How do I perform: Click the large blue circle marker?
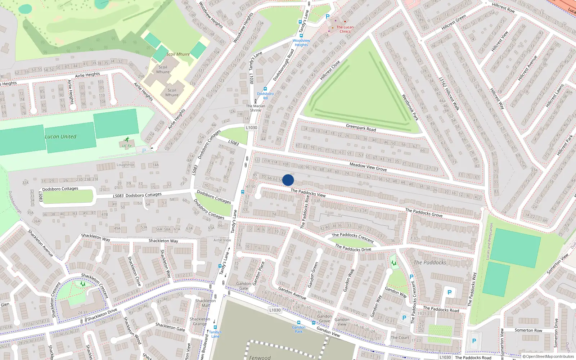tap(288, 180)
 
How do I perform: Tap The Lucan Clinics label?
tap(345, 29)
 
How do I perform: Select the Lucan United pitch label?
tap(60, 137)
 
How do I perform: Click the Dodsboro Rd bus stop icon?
tap(265, 89)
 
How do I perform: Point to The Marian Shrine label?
tap(256, 108)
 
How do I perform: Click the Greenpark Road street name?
tap(361, 128)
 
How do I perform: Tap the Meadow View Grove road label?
tap(368, 167)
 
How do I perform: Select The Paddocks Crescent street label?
tap(353, 237)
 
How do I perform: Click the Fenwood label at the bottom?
tap(260, 357)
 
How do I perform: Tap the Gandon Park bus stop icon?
tap(298, 323)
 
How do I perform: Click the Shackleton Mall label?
tap(206, 303)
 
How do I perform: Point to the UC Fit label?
tap(127, 146)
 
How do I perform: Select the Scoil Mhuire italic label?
tap(178, 54)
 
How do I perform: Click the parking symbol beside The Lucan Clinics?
tap(328, 17)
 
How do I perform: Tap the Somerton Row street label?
tap(528, 330)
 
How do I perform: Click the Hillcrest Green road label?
tap(454, 22)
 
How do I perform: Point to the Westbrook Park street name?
tap(410, 107)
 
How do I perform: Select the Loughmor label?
tap(125, 165)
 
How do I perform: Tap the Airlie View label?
tap(222, 240)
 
